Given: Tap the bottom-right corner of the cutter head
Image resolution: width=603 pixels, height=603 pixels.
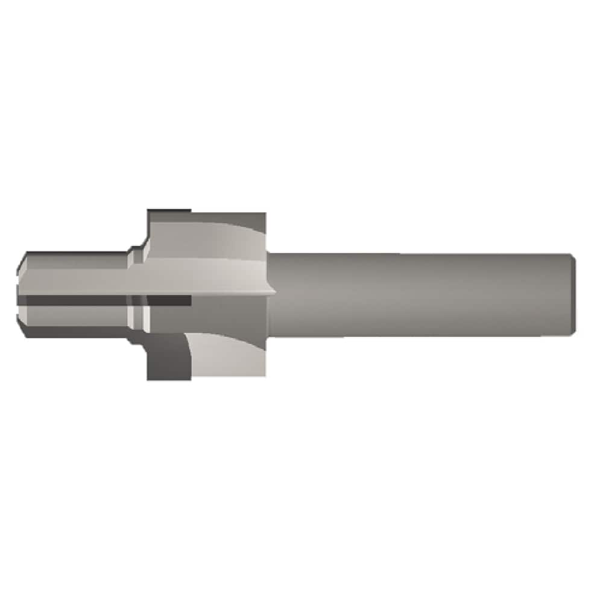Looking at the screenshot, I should click(x=265, y=376).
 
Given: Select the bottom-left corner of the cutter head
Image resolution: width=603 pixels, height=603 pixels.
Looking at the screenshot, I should click(x=149, y=378).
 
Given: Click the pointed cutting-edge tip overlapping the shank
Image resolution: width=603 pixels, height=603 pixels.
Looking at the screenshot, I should click(x=274, y=293).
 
